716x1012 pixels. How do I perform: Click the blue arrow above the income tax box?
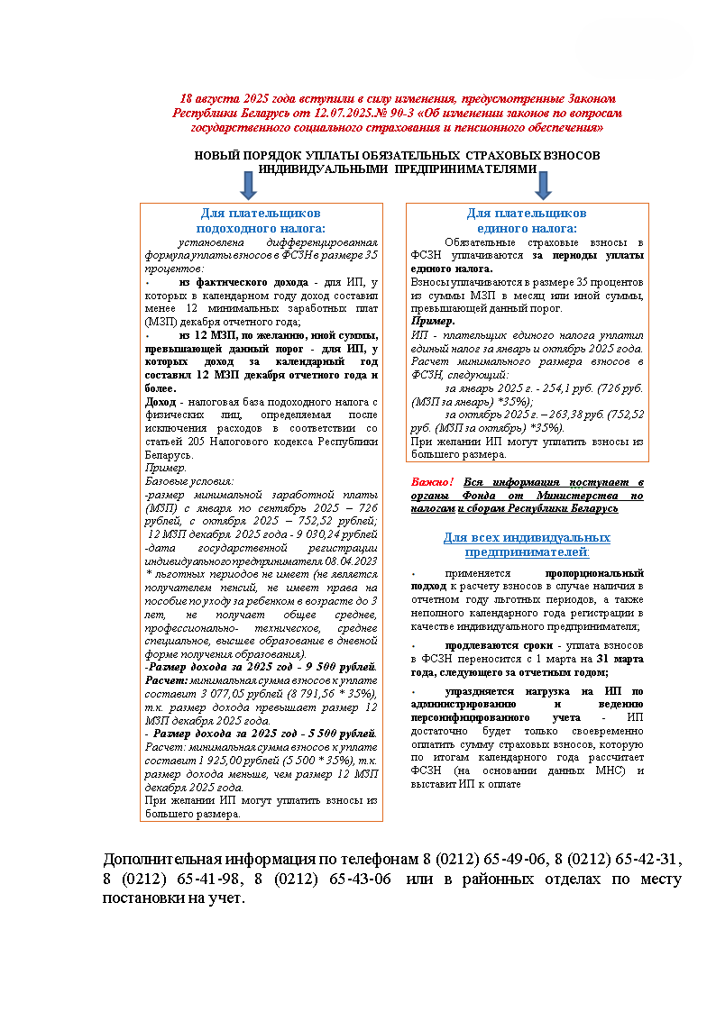coord(248,184)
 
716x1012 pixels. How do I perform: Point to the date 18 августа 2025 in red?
coord(229,98)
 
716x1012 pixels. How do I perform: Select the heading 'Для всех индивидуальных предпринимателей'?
coord(527,544)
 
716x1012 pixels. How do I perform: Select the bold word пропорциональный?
coord(594,573)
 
